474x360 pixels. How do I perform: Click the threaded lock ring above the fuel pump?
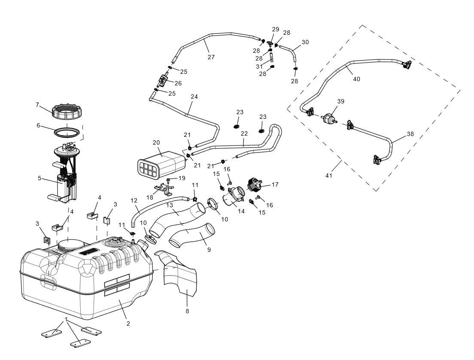click(x=67, y=113)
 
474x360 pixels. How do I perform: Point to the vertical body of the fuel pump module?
click(x=69, y=185)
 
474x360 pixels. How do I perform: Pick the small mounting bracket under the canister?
click(x=163, y=188)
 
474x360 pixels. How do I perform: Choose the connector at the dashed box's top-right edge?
click(x=406, y=65)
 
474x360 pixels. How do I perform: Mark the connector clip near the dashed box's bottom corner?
click(x=378, y=160)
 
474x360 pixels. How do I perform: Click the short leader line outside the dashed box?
click(x=336, y=166)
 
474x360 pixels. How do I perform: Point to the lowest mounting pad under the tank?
click(x=82, y=343)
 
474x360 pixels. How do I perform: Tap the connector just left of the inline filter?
click(x=310, y=112)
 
